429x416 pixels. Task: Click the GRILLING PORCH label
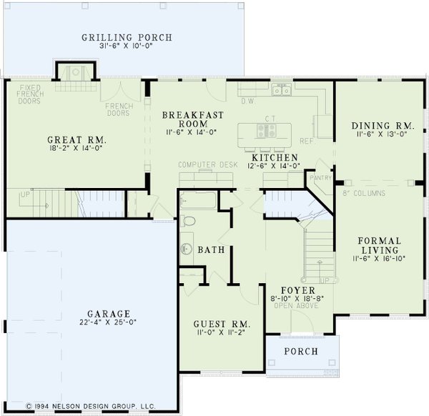click(x=127, y=38)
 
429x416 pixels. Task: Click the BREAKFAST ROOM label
click(x=193, y=119)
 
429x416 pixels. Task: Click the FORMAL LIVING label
click(x=379, y=246)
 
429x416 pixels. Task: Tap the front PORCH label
click(x=301, y=351)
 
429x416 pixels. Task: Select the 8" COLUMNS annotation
click(x=364, y=193)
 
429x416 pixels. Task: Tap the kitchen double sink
click(x=281, y=91)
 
